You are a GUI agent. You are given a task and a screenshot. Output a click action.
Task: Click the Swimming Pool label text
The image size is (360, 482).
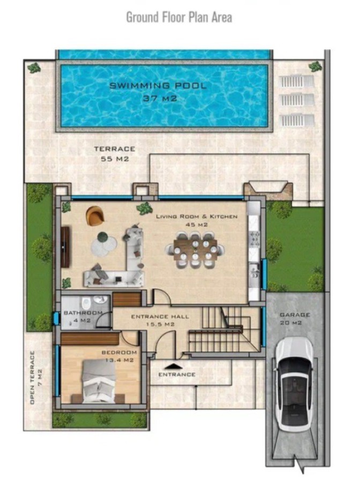(x=157, y=86)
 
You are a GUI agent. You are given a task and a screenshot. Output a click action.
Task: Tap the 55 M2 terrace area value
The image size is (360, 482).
(x=115, y=159)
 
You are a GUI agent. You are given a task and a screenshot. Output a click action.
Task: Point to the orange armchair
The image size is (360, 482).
(x=95, y=215)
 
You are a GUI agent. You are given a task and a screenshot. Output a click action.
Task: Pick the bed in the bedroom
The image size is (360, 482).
(x=99, y=381)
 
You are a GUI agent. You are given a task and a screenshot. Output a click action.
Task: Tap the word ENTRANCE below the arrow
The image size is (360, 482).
(x=177, y=374)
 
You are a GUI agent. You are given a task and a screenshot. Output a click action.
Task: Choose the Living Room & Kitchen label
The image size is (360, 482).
(x=197, y=216)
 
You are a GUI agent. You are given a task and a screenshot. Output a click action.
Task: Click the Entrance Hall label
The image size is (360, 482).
(x=160, y=317)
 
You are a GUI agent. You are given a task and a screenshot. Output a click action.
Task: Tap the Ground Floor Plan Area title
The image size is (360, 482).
(x=179, y=17)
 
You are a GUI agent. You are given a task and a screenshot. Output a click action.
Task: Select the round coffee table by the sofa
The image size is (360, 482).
(x=103, y=245)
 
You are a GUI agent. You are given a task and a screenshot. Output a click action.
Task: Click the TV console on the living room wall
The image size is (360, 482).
(x=66, y=247)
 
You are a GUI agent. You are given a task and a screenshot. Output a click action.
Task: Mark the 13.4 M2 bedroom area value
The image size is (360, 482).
(x=119, y=360)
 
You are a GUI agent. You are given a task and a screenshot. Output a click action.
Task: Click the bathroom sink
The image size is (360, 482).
(x=99, y=299)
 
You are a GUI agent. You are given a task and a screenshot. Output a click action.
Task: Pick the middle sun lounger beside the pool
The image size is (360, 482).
(x=297, y=101)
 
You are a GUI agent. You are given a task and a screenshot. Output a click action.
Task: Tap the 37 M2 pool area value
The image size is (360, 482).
(x=160, y=99)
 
